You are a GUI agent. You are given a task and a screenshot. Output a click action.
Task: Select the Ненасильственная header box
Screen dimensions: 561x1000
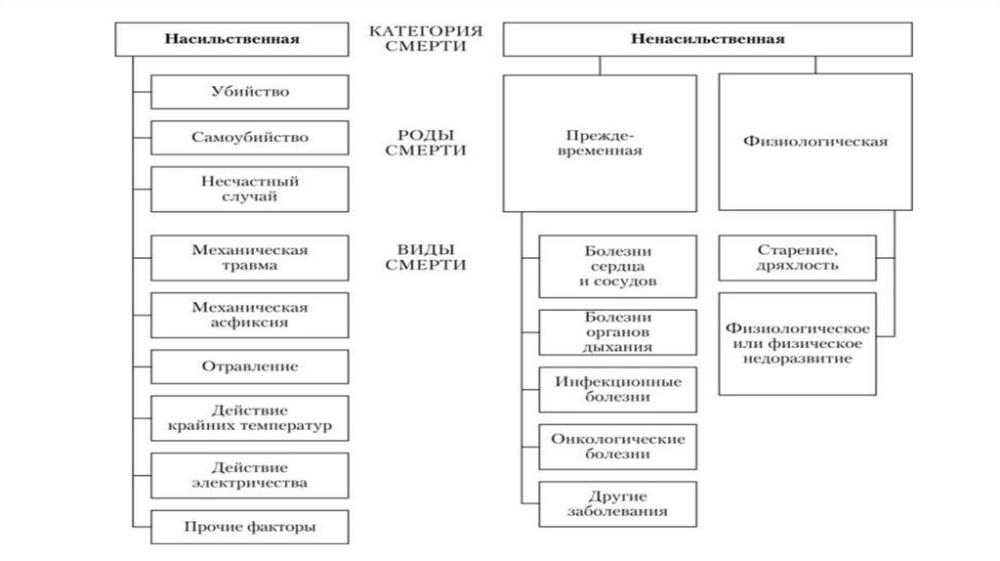[708, 39]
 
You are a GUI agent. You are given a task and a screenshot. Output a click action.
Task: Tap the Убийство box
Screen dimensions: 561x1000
[249, 91]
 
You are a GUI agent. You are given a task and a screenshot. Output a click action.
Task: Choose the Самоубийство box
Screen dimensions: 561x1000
[249, 137]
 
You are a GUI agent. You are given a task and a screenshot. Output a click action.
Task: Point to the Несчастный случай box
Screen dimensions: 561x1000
[249, 189]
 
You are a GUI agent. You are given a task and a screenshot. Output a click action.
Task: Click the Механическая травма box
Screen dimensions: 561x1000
[249, 257]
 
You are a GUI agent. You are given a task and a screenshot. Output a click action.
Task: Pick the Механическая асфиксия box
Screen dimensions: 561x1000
[249, 314]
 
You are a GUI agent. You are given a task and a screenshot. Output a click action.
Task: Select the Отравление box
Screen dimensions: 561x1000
[249, 367]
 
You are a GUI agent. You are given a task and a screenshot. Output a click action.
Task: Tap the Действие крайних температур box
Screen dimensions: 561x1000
[249, 418]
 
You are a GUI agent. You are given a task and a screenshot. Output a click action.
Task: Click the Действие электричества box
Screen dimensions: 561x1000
[249, 474]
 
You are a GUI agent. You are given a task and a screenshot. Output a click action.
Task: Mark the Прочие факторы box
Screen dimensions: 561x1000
[249, 527]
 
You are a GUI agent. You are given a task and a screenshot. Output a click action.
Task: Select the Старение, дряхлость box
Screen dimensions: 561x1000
[797, 257]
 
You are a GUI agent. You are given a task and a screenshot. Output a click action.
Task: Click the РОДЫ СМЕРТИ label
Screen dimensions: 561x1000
[425, 143]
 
